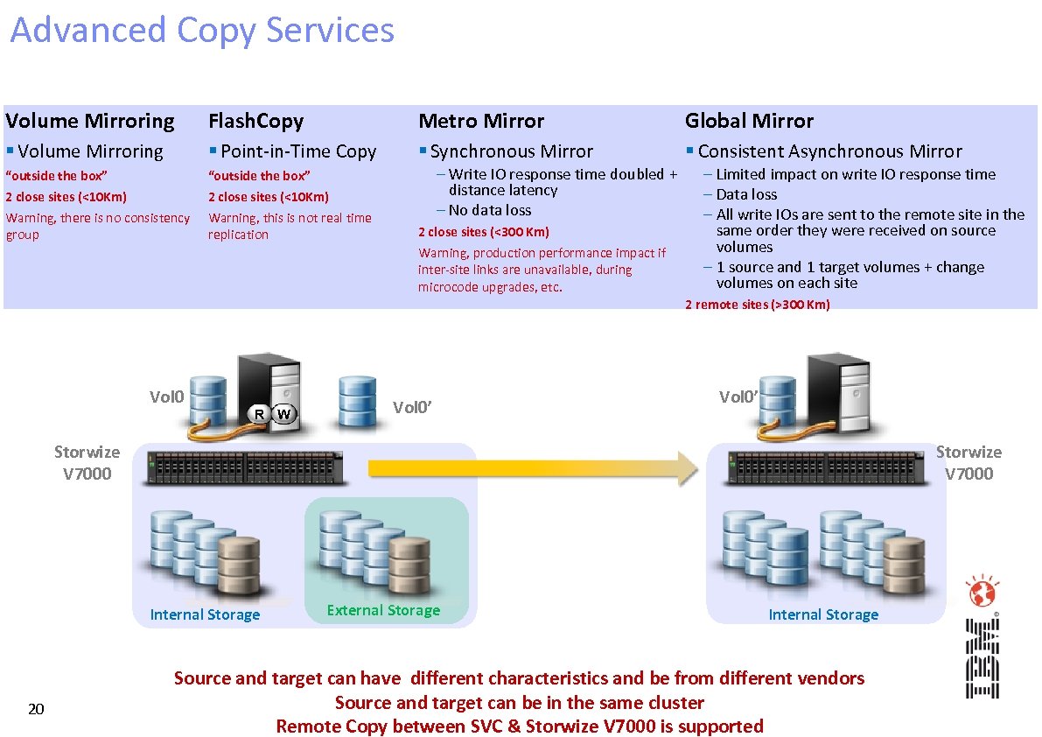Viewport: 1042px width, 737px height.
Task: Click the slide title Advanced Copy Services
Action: coord(202,31)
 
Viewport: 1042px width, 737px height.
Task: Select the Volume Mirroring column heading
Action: coord(90,121)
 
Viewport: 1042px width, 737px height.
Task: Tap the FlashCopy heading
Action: coord(255,121)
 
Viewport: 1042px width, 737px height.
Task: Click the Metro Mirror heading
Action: coord(481,121)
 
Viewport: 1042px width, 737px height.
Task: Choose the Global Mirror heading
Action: coord(749,121)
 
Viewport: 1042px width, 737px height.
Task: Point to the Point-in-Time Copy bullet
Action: coord(298,151)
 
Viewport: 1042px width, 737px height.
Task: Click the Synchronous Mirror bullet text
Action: coord(511,151)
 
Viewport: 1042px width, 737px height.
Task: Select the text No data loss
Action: coord(489,210)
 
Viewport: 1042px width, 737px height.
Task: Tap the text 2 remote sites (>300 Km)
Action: coord(758,305)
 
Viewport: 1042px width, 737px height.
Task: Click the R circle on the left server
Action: coord(259,413)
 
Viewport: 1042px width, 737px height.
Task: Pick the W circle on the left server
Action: coord(284,413)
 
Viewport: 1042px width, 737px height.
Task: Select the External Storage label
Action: coord(383,610)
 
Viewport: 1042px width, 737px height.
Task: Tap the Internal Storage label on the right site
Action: coord(823,614)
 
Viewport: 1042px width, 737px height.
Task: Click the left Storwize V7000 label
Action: coord(87,463)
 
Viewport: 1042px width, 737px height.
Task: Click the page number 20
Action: coord(36,709)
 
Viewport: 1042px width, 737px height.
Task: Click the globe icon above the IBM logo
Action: coord(982,593)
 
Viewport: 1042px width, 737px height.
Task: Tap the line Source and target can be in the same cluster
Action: coord(519,703)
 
